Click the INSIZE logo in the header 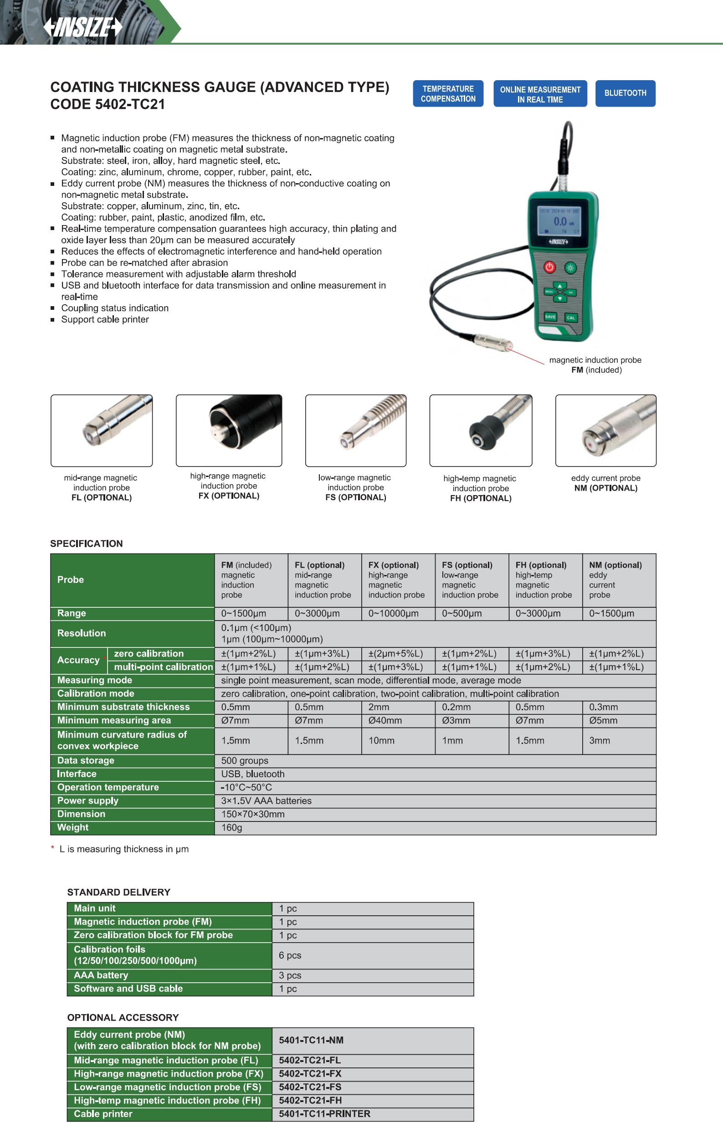click(x=83, y=27)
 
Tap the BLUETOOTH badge click(x=625, y=93)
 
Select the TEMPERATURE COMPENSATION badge click(x=448, y=93)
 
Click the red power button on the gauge click(x=549, y=267)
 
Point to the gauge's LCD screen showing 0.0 click(x=559, y=221)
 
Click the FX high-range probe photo click(x=229, y=431)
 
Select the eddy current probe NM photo click(x=605, y=431)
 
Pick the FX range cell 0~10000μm click(x=393, y=613)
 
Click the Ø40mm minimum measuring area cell click(x=385, y=720)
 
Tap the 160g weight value click(x=232, y=828)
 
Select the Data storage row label click(x=86, y=760)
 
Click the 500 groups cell click(x=245, y=760)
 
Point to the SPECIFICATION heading click(x=87, y=544)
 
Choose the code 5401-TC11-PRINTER click(x=324, y=1114)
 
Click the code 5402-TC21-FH click(x=310, y=1100)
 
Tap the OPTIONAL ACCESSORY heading click(x=123, y=1018)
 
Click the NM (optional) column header click(x=615, y=565)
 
